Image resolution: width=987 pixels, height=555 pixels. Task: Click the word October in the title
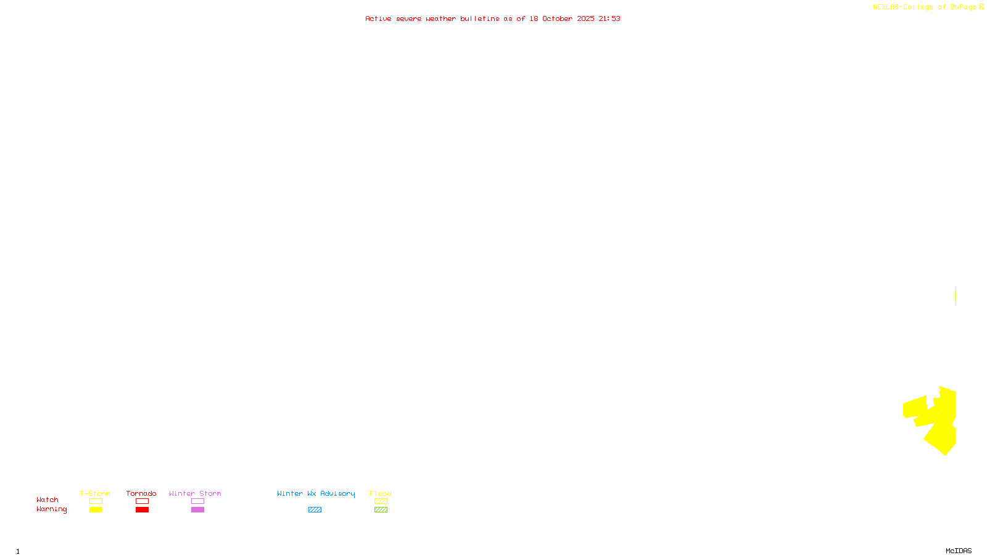click(x=557, y=18)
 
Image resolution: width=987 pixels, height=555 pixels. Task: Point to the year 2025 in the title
click(x=586, y=18)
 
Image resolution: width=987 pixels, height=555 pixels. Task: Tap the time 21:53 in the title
click(x=609, y=18)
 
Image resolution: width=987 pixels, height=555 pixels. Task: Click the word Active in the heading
click(x=378, y=18)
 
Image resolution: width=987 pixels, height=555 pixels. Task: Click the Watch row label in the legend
click(x=47, y=500)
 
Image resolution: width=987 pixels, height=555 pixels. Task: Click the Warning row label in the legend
click(x=52, y=509)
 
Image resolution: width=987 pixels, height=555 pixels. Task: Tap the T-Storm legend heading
click(x=95, y=493)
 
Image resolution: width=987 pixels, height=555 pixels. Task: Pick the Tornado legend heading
click(x=141, y=493)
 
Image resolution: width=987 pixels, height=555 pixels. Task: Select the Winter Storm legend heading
click(x=195, y=493)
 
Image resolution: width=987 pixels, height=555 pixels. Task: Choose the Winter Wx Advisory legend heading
click(x=316, y=493)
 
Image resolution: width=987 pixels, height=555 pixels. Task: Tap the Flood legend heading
click(x=381, y=493)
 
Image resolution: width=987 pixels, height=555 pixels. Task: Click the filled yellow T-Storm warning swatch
click(x=96, y=510)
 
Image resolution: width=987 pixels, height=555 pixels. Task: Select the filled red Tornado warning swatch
click(x=142, y=510)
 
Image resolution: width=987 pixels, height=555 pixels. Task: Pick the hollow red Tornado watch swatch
click(x=142, y=501)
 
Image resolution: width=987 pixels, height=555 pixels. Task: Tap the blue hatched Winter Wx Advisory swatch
click(x=315, y=510)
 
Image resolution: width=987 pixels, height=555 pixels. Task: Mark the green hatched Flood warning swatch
click(x=381, y=510)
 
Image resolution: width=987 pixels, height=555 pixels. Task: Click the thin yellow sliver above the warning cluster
click(x=956, y=296)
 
